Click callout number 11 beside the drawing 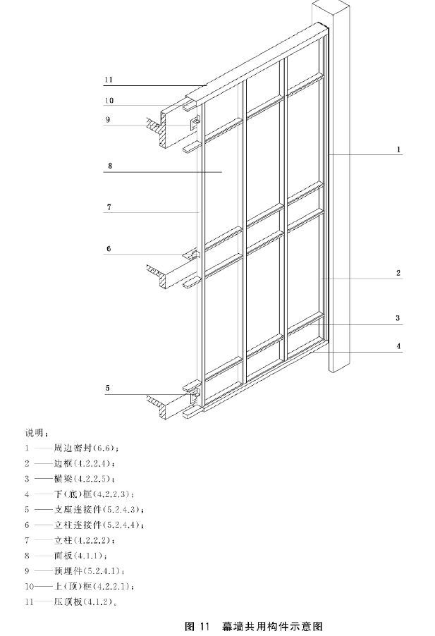pyautogui.click(x=109, y=79)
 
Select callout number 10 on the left pyautogui.click(x=109, y=99)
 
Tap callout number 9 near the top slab pyautogui.click(x=108, y=119)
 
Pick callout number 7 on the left pyautogui.click(x=109, y=207)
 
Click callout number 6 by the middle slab pyautogui.click(x=109, y=248)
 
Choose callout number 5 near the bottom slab pyautogui.click(x=108, y=387)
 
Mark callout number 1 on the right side pyautogui.click(x=398, y=149)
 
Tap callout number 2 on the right pyautogui.click(x=398, y=272)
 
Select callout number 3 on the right pyautogui.click(x=398, y=318)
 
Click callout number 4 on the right pyautogui.click(x=398, y=346)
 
